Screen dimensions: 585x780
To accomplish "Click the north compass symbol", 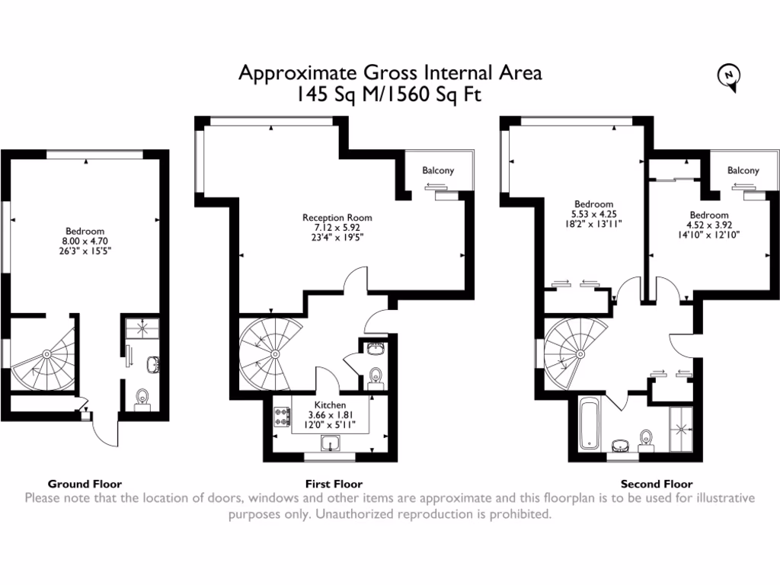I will point(730,76).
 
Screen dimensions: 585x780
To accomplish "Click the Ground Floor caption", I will point(85,484).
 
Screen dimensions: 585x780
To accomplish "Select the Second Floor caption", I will point(656,484).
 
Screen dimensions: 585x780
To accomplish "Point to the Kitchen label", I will point(331,404).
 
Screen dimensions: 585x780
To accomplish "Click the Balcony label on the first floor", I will point(438,171).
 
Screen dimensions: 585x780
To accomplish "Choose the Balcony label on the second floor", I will point(743,171).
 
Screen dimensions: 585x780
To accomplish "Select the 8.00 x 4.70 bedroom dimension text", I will point(85,241).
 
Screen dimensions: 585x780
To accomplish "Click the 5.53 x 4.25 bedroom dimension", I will point(593,214).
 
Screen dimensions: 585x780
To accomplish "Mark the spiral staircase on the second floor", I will point(578,355).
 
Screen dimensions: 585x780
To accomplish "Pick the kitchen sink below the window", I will point(331,444).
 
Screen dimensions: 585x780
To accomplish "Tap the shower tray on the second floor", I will point(681,430).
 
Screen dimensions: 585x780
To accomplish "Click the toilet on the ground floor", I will point(141,398).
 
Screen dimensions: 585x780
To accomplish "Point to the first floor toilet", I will point(374,377).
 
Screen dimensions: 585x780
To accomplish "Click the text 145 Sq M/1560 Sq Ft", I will point(390,94).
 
